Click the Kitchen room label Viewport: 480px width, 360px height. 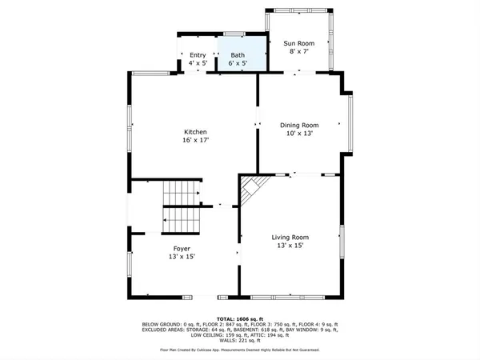click(x=196, y=132)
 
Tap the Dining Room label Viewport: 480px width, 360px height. click(x=299, y=125)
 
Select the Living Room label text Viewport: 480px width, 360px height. click(x=290, y=237)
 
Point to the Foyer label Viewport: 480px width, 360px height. click(x=182, y=249)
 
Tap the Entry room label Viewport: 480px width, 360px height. click(x=198, y=55)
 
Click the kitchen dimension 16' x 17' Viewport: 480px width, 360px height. click(x=196, y=141)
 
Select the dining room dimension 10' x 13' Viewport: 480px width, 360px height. click(x=299, y=134)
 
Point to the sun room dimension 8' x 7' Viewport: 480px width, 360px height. click(x=301, y=50)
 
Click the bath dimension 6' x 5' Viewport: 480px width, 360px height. click(x=238, y=62)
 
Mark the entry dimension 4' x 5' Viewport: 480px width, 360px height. click(x=198, y=62)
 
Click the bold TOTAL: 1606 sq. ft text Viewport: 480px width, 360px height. click(x=240, y=318)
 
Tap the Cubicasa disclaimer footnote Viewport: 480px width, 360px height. click(x=240, y=350)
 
